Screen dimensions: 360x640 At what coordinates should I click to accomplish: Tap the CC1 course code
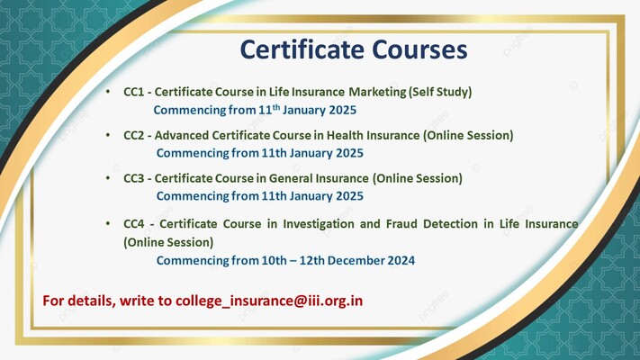click(x=134, y=93)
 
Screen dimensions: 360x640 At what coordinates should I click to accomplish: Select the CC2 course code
click(x=134, y=136)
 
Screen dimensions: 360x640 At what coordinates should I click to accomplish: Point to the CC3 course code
click(x=134, y=179)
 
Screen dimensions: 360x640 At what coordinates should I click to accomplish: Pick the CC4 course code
click(x=134, y=223)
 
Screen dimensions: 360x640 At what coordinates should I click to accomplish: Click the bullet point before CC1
click(x=108, y=93)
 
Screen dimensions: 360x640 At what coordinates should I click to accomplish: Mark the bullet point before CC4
click(x=108, y=223)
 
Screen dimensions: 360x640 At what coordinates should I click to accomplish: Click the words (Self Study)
click(x=440, y=93)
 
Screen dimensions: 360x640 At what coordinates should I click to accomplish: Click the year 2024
click(x=400, y=261)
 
